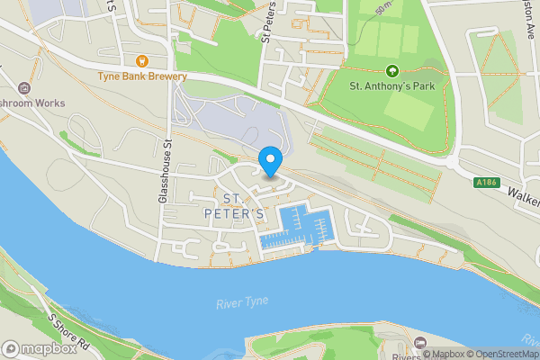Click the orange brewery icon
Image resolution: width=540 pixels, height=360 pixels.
(142, 61)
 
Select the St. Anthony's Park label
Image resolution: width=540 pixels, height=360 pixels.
(391, 87)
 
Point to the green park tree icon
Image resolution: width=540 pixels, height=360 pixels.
(391, 71)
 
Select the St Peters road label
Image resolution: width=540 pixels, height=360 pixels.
(266, 22)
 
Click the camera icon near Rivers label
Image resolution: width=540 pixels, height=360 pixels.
(420, 341)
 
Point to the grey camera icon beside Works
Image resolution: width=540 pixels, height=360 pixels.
(22, 87)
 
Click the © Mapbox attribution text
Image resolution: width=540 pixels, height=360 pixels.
(445, 354)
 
